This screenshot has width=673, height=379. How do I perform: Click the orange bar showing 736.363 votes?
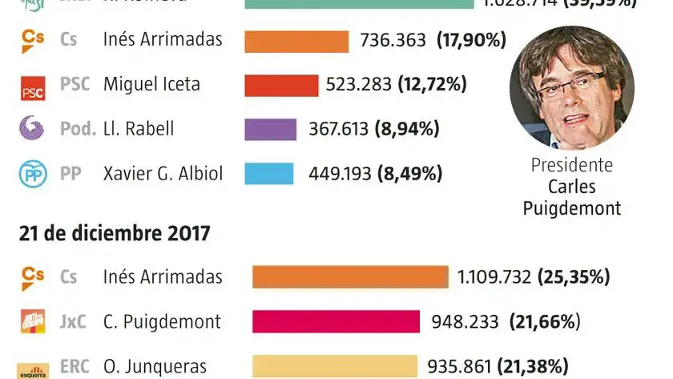[296, 41]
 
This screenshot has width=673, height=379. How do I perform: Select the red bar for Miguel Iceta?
[281, 85]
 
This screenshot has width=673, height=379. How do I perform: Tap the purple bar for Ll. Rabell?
[270, 129]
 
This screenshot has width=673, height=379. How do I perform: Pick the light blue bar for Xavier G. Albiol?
[268, 173]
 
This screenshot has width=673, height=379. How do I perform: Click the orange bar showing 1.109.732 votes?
[350, 277]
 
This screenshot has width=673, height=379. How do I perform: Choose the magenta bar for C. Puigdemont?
[336, 322]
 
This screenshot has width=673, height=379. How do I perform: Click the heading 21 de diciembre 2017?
[115, 233]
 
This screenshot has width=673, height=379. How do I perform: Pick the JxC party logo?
[33, 322]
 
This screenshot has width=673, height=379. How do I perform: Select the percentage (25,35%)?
[574, 277]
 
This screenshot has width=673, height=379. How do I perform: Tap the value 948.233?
[465, 322]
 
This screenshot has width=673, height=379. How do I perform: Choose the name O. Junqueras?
[155, 367]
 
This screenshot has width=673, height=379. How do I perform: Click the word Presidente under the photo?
[571, 166]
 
